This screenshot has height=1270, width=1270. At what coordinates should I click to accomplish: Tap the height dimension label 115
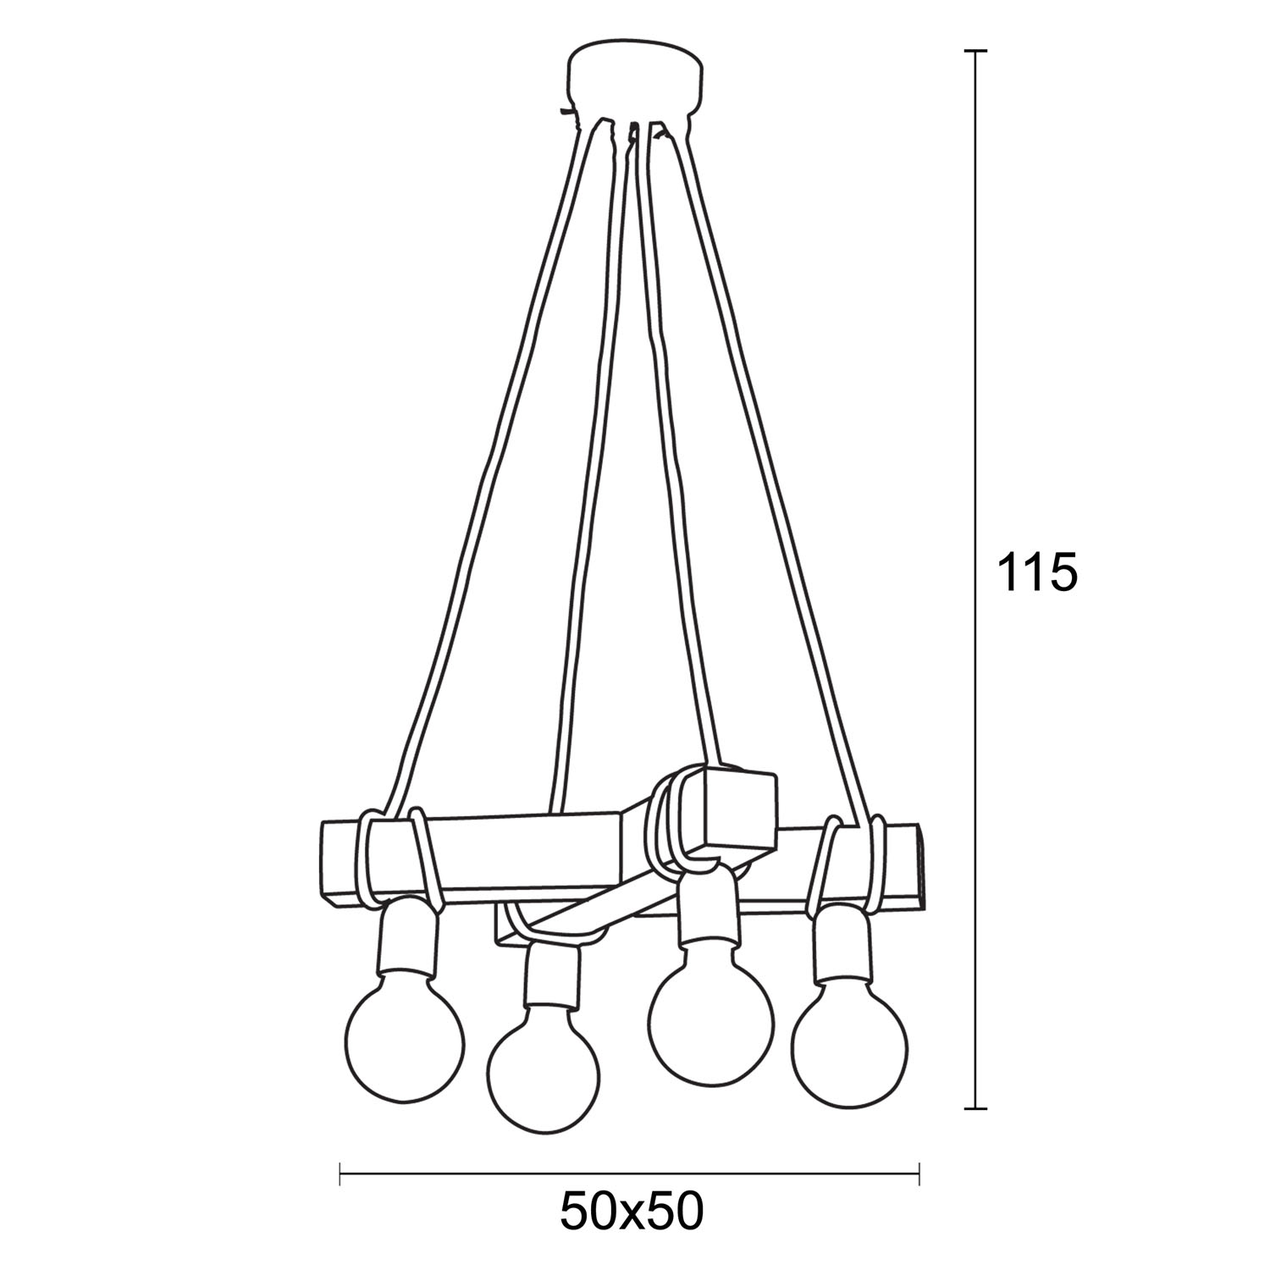[1036, 573]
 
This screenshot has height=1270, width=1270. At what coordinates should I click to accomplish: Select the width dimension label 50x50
[632, 1212]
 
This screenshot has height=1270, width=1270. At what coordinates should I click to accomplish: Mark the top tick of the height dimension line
[976, 52]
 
